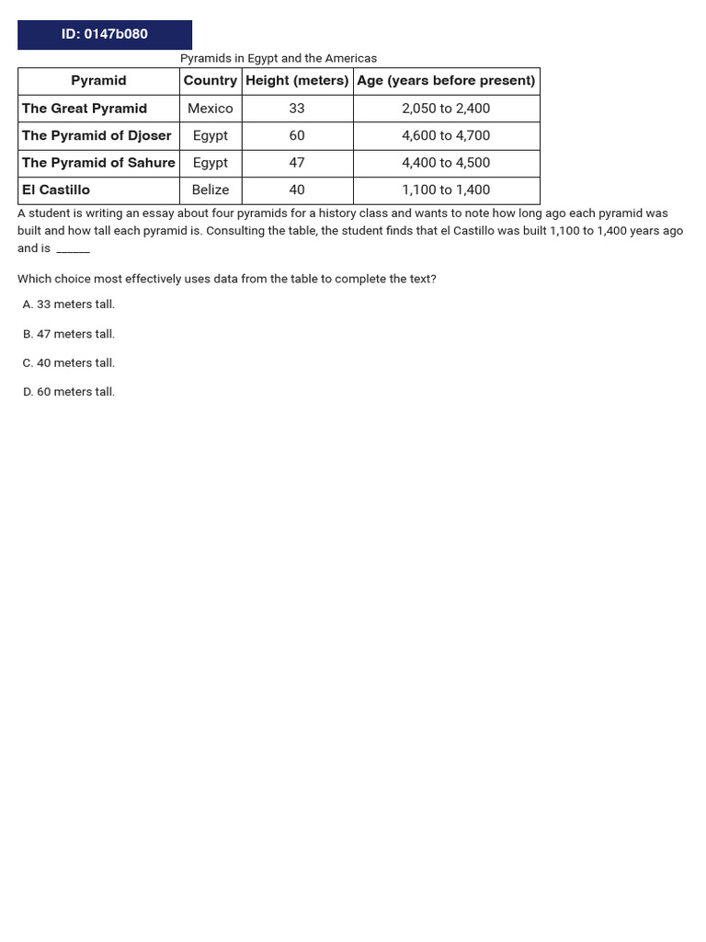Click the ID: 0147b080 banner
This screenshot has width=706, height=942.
coord(105,35)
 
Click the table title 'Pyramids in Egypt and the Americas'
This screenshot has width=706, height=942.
coord(279,58)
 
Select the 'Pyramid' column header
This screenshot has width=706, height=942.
coord(98,81)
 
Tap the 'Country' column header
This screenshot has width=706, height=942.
coord(211,81)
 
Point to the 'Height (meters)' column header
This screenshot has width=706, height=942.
coord(297,81)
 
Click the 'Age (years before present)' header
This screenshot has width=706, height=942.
coord(446,81)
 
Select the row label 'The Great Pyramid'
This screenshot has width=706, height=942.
coord(85,109)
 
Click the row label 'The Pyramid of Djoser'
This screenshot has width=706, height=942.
coord(97,135)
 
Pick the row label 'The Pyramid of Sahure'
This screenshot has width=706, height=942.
coord(98,163)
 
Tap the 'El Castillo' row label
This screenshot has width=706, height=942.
coord(56,190)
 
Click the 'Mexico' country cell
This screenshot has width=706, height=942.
coord(211,109)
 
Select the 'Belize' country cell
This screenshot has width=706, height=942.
coord(211,190)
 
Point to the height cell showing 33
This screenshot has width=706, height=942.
coord(297,109)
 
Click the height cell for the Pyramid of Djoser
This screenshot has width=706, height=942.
coord(297,135)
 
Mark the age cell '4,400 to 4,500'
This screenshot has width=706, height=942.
coord(446,163)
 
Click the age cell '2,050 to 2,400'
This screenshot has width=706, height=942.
coord(446,109)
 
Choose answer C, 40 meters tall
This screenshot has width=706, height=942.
coord(69,362)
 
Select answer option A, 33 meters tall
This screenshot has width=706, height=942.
coord(69,304)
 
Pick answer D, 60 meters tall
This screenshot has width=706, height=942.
coord(69,392)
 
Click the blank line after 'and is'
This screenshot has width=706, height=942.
coord(73,250)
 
